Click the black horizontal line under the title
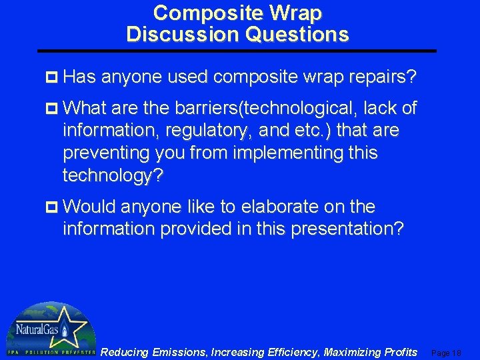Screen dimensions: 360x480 pyautogui.click(x=237, y=51)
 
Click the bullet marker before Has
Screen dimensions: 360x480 pyautogui.click(x=55, y=79)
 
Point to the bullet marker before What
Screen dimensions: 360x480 pyautogui.click(x=55, y=108)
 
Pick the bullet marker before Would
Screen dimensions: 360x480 pyautogui.click(x=55, y=207)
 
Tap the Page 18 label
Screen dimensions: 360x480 pyautogui.click(x=446, y=353)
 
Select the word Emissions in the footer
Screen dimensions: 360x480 pyautogui.click(x=177, y=352)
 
